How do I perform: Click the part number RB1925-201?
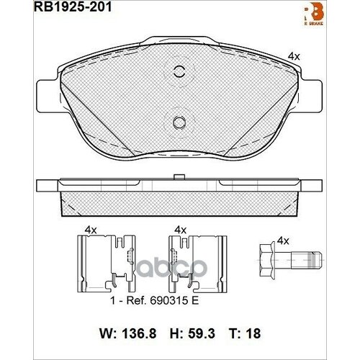point(66,9)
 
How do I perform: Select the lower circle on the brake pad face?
point(179,123)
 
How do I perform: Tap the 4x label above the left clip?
point(91,230)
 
